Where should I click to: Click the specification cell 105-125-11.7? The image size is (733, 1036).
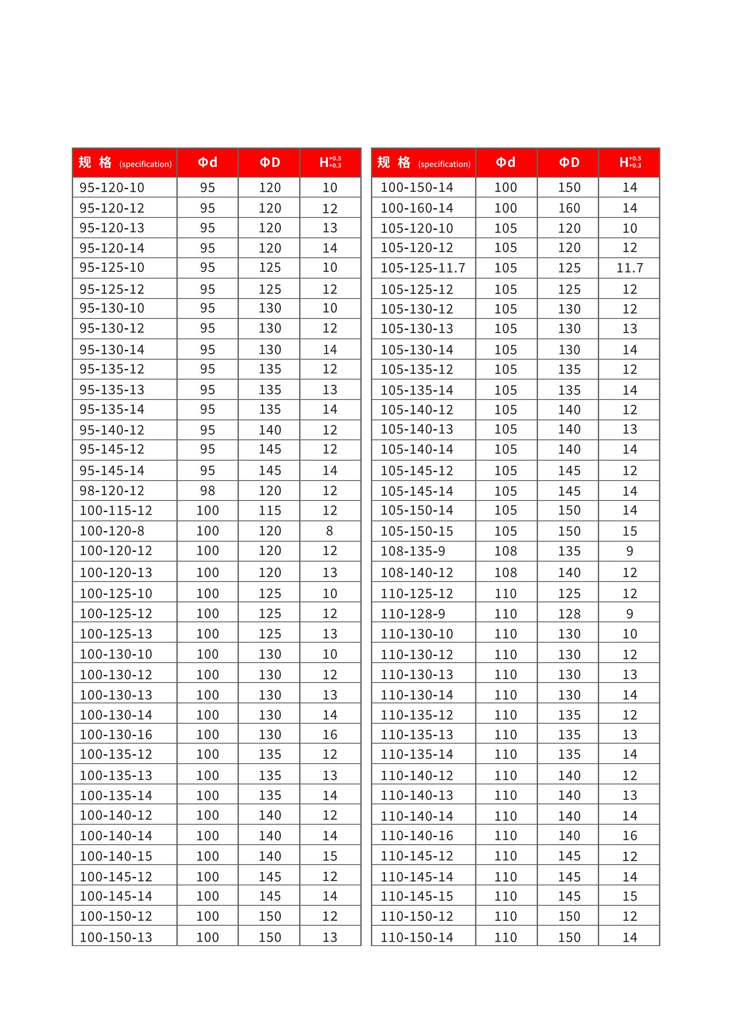(x=422, y=268)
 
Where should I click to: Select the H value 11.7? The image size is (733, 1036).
(x=630, y=268)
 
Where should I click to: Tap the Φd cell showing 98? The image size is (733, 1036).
(x=207, y=490)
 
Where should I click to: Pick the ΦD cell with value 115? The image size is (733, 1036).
(x=269, y=510)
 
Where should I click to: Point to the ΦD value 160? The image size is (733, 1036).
(x=569, y=208)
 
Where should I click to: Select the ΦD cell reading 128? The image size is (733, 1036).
(x=569, y=613)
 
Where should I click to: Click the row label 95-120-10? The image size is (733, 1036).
(x=112, y=187)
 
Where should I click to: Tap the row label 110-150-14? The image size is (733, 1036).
(x=417, y=937)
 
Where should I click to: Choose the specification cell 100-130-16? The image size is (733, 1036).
(x=116, y=734)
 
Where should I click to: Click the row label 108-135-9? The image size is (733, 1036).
(x=413, y=551)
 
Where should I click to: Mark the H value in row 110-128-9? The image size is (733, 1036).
(x=630, y=613)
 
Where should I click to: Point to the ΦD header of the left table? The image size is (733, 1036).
(x=269, y=163)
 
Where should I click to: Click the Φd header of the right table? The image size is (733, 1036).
(x=506, y=163)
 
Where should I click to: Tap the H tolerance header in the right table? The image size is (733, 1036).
(x=630, y=163)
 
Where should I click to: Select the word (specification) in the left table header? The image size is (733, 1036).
(x=145, y=164)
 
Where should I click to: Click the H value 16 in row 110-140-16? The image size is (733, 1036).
(x=630, y=836)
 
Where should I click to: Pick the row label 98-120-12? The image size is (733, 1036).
(x=112, y=490)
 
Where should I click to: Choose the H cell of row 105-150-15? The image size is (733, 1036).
(x=630, y=531)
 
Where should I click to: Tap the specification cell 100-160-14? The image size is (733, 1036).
(x=417, y=208)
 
